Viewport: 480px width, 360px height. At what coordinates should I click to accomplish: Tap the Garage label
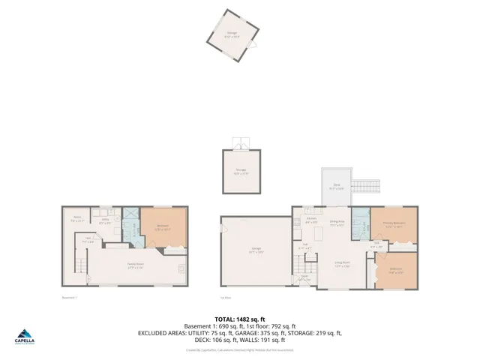(256, 251)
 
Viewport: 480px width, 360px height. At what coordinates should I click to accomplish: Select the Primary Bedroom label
(394, 223)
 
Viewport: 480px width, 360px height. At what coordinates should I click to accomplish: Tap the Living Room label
(343, 262)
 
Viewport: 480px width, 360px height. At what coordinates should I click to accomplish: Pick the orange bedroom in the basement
(163, 226)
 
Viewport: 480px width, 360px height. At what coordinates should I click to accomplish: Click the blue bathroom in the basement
(130, 225)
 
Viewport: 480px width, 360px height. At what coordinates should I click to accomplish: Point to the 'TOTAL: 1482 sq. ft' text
(240, 319)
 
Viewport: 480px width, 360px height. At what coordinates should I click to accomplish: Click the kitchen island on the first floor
(317, 235)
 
